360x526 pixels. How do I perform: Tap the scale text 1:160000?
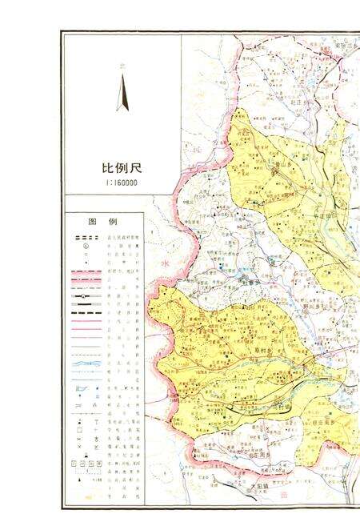pos(120,183)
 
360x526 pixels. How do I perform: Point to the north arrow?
pos(122,91)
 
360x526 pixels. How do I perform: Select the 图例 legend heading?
pos(103,221)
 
